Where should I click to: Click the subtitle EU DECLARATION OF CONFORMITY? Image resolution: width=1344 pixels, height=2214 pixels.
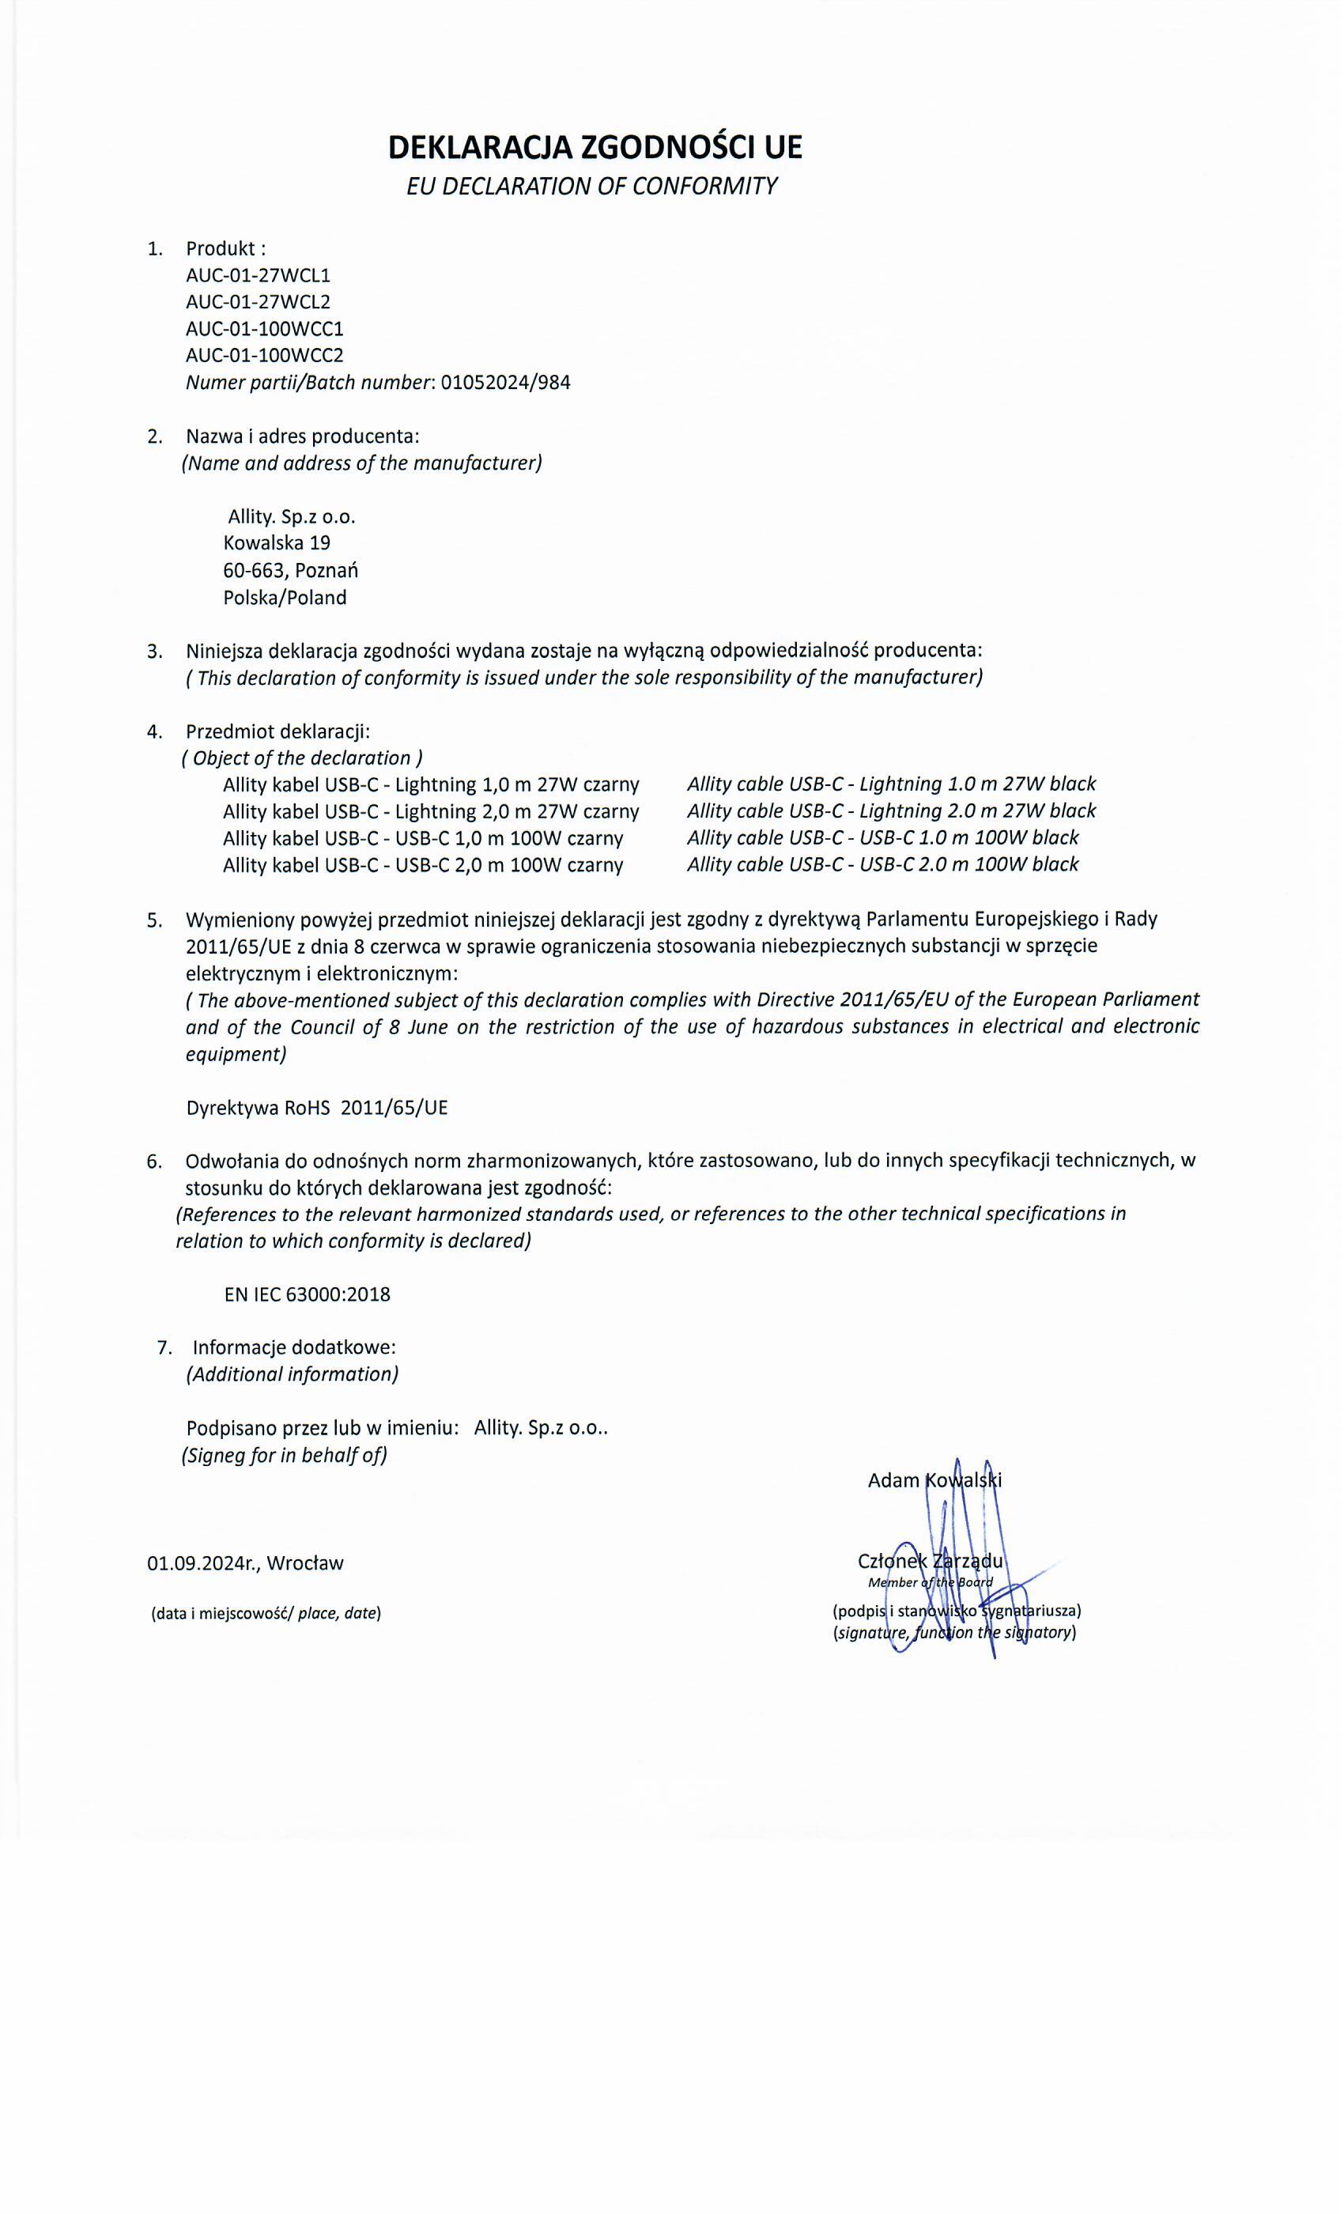click(591, 186)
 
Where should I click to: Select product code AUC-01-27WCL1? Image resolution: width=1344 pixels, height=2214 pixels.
click(251, 275)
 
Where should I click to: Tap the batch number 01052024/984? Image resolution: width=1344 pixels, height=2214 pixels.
click(506, 383)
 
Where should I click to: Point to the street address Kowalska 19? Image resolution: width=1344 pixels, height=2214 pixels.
click(277, 542)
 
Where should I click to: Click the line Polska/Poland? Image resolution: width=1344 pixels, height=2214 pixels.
click(285, 598)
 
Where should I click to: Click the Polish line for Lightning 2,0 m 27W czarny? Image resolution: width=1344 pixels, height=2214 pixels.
click(431, 811)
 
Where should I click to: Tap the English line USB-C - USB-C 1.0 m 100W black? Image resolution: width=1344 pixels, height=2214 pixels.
click(882, 838)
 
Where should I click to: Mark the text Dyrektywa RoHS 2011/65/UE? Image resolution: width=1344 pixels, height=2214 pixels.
click(316, 1108)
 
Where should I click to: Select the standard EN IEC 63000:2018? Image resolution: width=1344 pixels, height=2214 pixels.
click(308, 1295)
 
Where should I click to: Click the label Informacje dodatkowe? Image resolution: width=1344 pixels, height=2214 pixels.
click(294, 1348)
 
